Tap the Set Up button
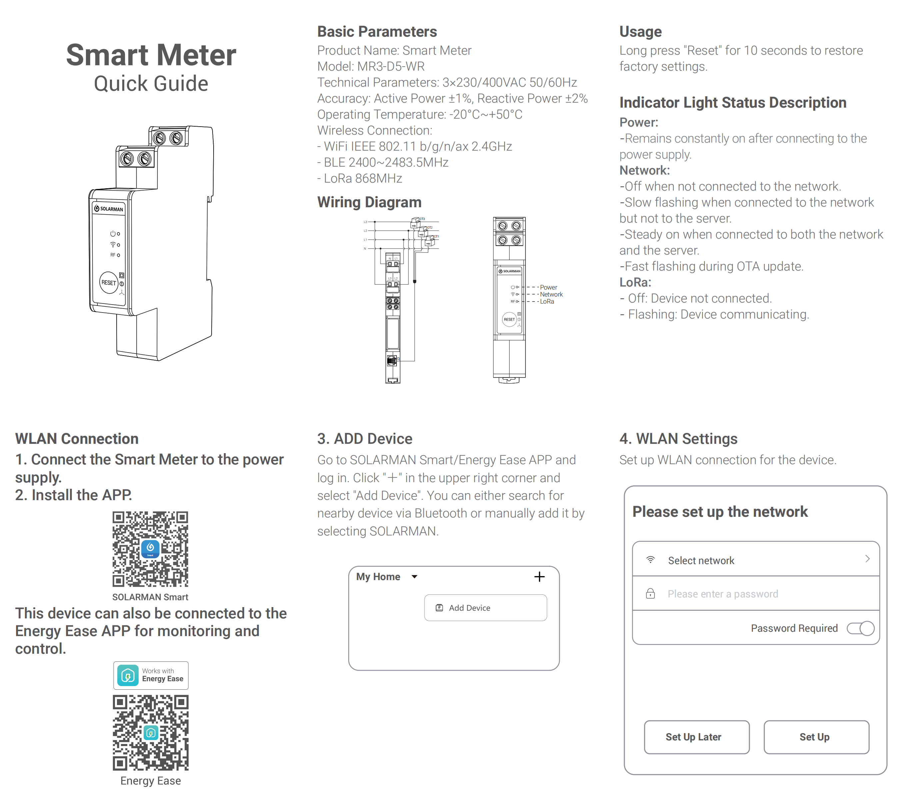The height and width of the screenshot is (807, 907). [x=816, y=737]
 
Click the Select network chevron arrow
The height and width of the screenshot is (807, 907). [x=867, y=559]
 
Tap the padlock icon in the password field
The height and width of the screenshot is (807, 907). [x=650, y=594]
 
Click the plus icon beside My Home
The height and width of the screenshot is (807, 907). [x=539, y=577]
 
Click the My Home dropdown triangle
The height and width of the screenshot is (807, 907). [x=415, y=577]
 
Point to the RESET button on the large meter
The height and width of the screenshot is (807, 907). [x=109, y=283]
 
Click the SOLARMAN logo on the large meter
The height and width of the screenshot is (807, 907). [x=109, y=209]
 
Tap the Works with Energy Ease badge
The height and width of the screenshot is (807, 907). [x=151, y=675]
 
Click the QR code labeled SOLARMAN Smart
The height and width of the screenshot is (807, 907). [x=150, y=549]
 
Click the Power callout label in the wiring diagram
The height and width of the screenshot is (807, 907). [x=548, y=288]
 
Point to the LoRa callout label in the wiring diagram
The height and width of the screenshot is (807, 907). [x=547, y=302]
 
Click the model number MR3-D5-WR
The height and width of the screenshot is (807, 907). [x=391, y=67]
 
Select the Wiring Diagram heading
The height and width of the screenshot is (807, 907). [x=369, y=202]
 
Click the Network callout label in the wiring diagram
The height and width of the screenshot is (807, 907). [x=551, y=295]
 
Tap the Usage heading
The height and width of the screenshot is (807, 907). [x=640, y=32]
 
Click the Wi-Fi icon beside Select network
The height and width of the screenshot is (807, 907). [x=650, y=560]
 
